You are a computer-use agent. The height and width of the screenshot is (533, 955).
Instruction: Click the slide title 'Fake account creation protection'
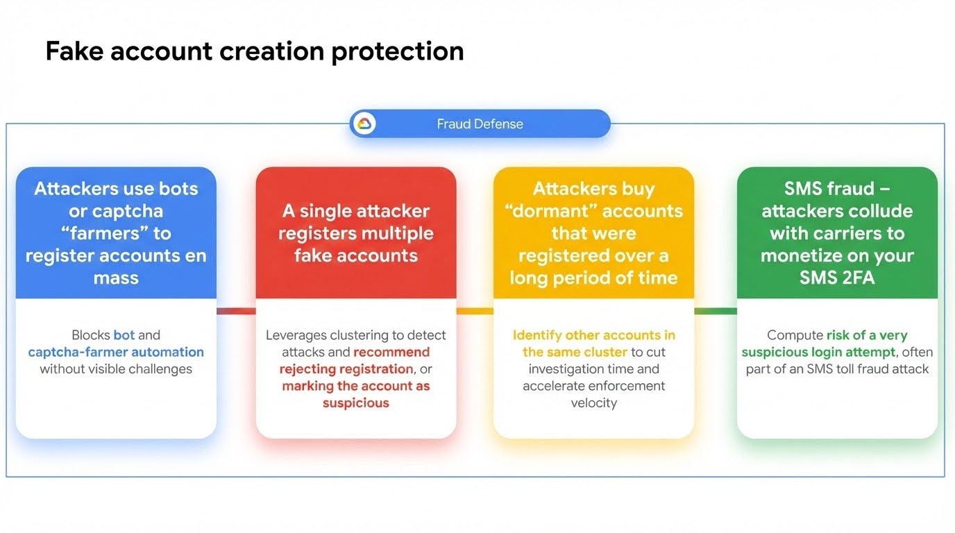pos(254,51)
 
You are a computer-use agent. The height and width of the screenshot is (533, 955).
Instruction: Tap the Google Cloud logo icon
pos(364,124)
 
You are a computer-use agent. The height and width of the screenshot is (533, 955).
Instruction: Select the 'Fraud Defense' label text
pos(480,124)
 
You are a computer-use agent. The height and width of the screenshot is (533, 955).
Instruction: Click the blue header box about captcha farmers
pos(116,232)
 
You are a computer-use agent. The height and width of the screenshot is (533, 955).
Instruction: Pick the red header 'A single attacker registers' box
pos(355,232)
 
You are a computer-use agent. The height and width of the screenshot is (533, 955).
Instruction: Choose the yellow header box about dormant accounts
pos(593,232)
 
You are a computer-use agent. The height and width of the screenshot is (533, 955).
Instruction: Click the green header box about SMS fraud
pos(836,232)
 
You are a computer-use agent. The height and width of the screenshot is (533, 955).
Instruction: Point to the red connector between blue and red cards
pos(236,311)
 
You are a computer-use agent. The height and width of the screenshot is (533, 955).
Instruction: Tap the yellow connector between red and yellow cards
pos(475,311)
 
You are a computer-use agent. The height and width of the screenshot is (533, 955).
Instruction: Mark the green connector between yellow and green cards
pos(715,311)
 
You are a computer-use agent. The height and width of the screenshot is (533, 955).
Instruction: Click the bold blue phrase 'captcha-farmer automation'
pos(116,352)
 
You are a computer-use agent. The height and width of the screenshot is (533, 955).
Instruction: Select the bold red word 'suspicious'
pos(355,403)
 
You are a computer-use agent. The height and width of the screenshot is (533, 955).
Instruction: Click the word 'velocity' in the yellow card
pos(593,403)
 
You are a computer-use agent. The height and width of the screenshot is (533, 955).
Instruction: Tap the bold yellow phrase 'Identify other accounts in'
pos(593,335)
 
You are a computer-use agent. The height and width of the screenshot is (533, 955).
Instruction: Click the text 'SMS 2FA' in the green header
pos(836,278)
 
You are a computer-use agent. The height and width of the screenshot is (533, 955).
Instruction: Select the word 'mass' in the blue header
pos(116,278)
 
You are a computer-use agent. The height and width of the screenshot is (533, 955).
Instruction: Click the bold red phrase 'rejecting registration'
pos(346,369)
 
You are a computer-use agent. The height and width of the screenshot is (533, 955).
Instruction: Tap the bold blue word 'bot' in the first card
pos(124,335)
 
